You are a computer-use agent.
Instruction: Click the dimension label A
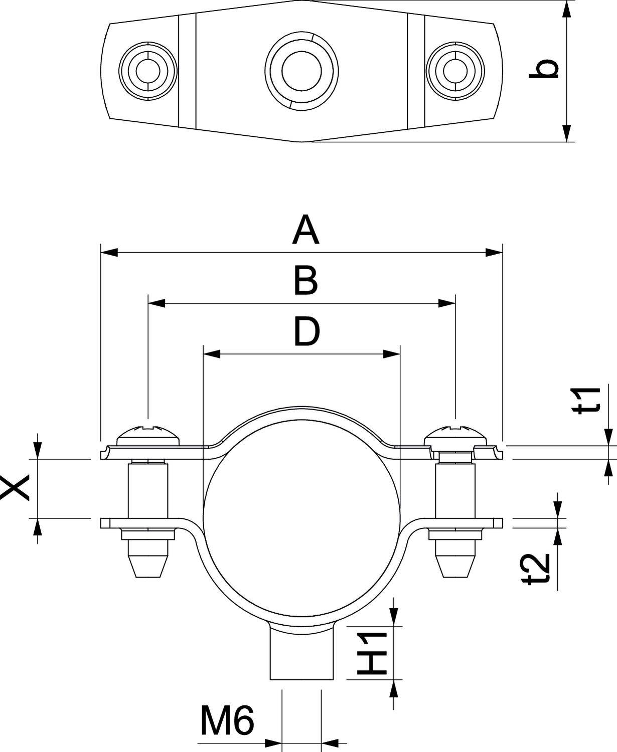point(306,230)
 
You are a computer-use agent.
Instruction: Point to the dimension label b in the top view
point(544,69)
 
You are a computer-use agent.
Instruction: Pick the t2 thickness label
point(538,571)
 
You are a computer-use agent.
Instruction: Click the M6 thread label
point(227,720)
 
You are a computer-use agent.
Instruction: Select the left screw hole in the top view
point(148,70)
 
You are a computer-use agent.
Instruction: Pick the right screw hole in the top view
point(455,70)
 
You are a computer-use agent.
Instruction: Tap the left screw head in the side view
point(148,434)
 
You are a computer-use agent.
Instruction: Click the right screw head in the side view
point(455,434)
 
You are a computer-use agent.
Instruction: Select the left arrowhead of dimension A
point(109,252)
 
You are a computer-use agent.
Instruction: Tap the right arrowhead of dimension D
point(391,354)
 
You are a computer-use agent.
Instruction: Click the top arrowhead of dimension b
point(566,10)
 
